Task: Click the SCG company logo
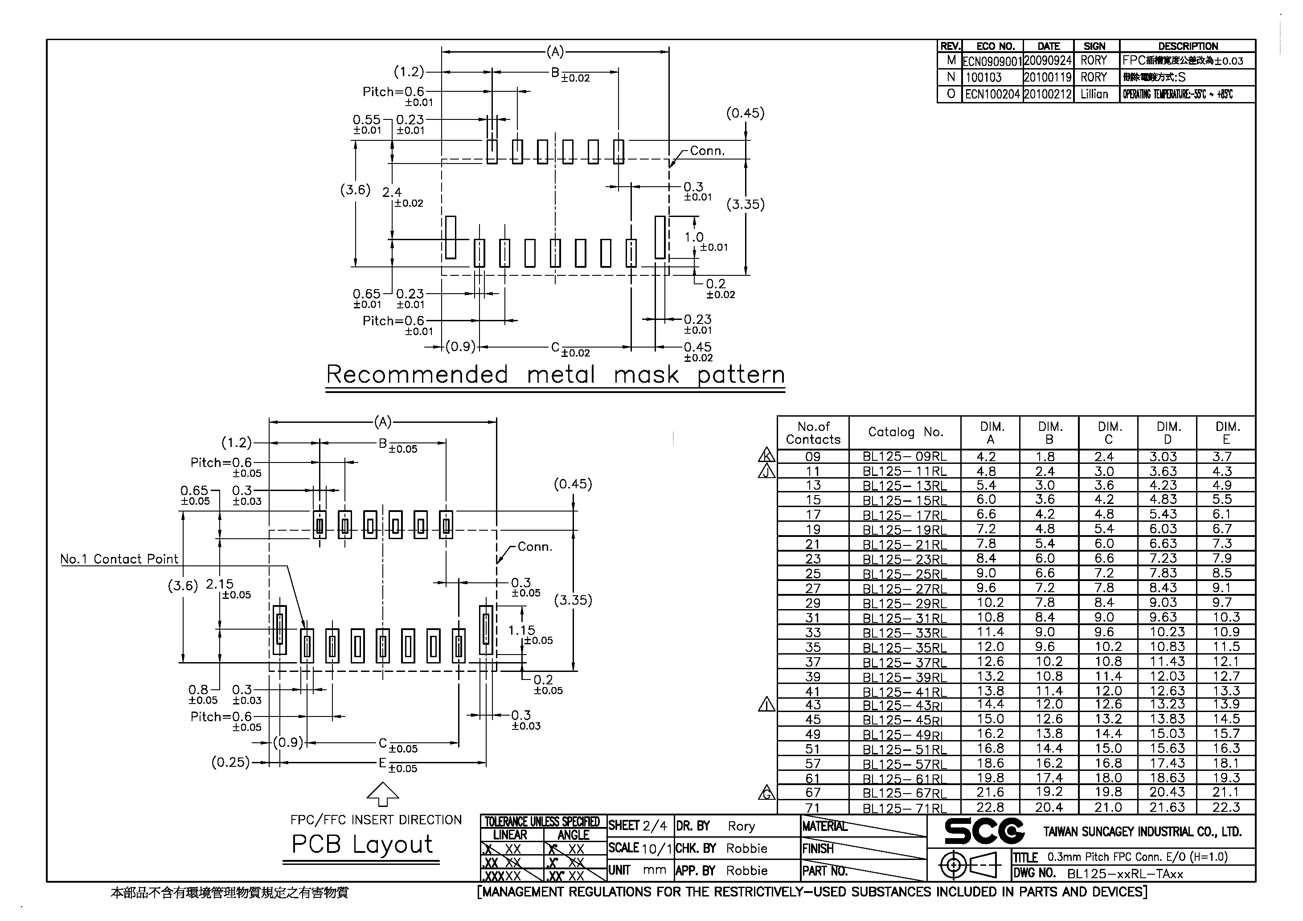pyautogui.click(x=984, y=831)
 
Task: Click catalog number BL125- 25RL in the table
pyautogui.click(x=905, y=574)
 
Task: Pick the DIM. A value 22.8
pyautogui.click(x=990, y=807)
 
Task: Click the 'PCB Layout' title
pyautogui.click(x=362, y=844)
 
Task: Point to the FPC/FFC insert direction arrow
pyautogui.click(x=383, y=794)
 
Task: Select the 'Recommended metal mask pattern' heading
pyautogui.click(x=555, y=375)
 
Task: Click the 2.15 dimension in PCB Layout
pyautogui.click(x=220, y=584)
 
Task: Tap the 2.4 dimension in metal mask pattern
pyautogui.click(x=392, y=192)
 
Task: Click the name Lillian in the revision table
pyautogui.click(x=1094, y=94)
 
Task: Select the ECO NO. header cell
pyautogui.click(x=995, y=46)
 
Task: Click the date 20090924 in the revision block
pyautogui.click(x=1048, y=61)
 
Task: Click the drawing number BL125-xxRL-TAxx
pyautogui.click(x=1125, y=874)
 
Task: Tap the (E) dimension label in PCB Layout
pyautogui.click(x=382, y=763)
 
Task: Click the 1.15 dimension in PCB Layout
pyautogui.click(x=521, y=630)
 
